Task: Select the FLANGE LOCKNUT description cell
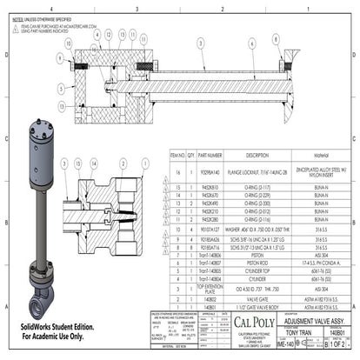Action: point(258,171)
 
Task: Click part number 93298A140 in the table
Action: point(211,171)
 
